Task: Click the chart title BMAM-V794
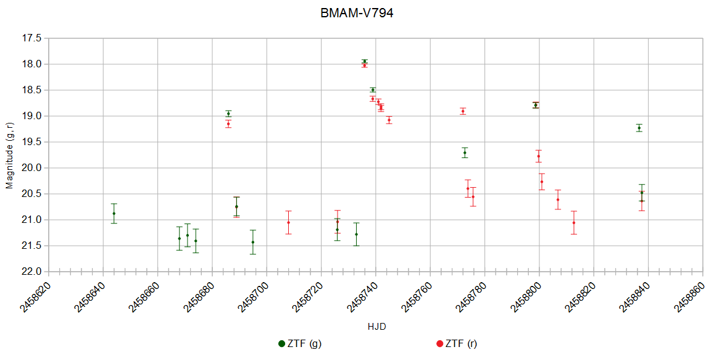click(357, 12)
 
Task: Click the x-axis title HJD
click(376, 326)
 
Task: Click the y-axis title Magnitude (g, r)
click(9, 154)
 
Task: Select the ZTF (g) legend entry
click(300, 344)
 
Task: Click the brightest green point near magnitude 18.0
click(365, 61)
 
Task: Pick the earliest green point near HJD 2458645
click(114, 214)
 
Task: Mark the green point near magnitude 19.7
click(465, 153)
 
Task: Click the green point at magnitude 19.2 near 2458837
click(639, 128)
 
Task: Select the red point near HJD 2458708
click(288, 222)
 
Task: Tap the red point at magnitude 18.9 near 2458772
click(463, 111)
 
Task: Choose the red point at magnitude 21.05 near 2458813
click(574, 223)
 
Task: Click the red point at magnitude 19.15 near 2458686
click(228, 123)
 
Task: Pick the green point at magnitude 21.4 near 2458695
click(253, 242)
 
